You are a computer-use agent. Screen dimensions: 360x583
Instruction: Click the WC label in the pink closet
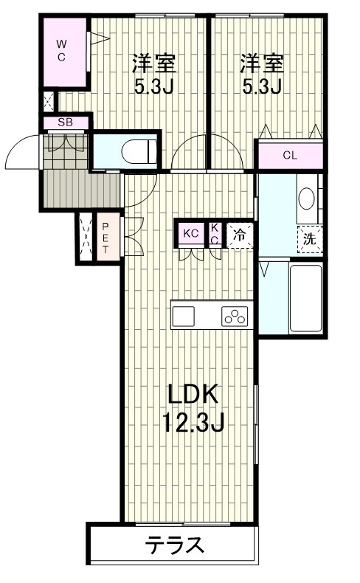coord(62,51)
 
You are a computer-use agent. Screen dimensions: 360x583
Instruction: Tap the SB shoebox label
coord(66,122)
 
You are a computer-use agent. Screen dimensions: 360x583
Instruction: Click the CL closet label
coord(290,155)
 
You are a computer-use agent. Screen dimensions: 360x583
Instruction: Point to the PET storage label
coord(105,238)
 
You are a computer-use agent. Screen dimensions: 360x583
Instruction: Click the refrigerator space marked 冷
coord(240,235)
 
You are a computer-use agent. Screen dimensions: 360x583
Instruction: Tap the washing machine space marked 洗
coord(310,238)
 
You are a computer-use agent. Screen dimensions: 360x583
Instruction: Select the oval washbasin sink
coord(307,199)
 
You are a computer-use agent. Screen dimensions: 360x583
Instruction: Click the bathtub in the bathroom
coord(305,298)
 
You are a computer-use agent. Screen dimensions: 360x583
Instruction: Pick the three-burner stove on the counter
coord(235,317)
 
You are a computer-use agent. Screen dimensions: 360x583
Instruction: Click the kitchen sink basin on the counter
coord(183,317)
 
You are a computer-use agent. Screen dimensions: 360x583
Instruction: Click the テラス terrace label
coord(175,545)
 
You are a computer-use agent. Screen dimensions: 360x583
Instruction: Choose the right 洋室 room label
coord(263,64)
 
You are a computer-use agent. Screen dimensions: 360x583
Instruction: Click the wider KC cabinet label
coord(191,233)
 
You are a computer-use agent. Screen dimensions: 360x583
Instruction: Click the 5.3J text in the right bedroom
coord(262,86)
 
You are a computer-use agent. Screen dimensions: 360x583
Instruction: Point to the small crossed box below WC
coord(49,102)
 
